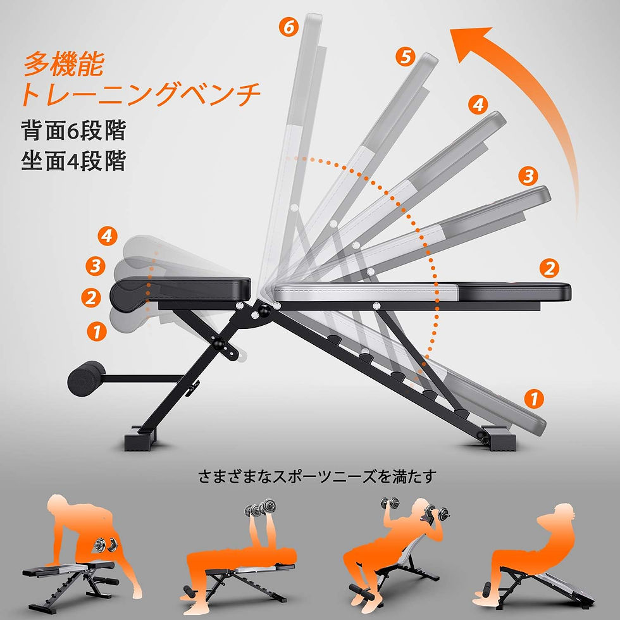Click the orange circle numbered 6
click(x=289, y=27)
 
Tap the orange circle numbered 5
click(x=406, y=57)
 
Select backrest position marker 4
click(x=478, y=105)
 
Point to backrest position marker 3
click(x=528, y=176)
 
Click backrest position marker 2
click(x=549, y=268)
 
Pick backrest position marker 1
click(x=534, y=398)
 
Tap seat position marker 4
click(x=108, y=236)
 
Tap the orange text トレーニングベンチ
click(x=140, y=94)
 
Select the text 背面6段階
click(x=73, y=131)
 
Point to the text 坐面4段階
click(x=73, y=161)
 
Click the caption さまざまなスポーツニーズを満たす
click(x=318, y=476)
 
